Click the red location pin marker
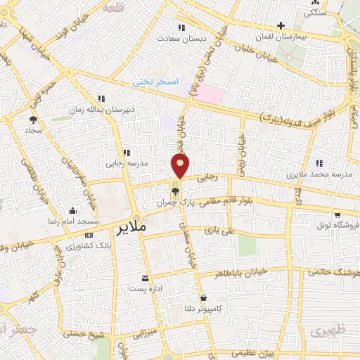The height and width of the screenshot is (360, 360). coord(180,167)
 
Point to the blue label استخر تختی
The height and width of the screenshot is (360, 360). coord(156,82)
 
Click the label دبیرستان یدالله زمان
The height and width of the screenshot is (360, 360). coord(100,109)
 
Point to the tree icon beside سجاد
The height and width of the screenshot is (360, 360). coord(33,120)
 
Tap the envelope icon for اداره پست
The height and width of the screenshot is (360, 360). coord(145,279)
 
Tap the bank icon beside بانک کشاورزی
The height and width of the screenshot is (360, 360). coord(89,235)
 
